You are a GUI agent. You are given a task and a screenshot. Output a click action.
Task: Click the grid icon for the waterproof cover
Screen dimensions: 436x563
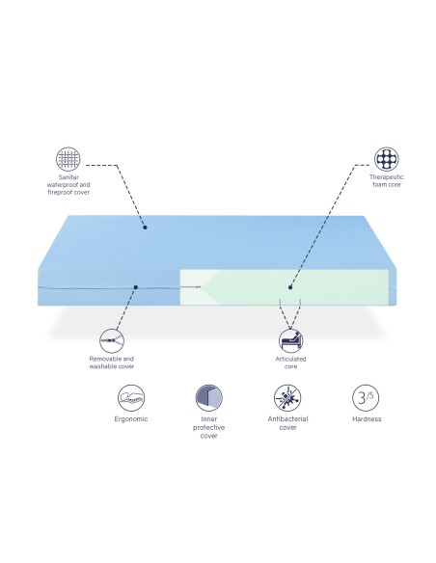pos(68,159)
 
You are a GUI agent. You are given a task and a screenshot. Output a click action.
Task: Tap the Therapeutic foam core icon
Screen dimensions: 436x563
pos(387,159)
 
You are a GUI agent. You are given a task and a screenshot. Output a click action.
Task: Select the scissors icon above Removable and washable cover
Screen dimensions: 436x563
pos(112,340)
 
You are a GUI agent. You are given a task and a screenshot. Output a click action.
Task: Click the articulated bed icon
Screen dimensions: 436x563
pos(291,340)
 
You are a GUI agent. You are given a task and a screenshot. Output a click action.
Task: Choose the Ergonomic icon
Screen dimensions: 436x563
pos(131,397)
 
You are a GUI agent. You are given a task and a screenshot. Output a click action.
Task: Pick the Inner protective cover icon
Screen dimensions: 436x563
pos(209,397)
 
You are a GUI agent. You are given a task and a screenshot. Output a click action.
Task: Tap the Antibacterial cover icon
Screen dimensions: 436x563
pos(287,397)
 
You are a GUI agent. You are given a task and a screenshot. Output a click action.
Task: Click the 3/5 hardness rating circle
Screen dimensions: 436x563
pos(366,397)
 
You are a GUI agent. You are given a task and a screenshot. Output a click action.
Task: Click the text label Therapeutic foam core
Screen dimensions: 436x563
pos(387,180)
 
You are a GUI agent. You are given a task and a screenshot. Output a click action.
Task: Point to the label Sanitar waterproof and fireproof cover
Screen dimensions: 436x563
pos(68,184)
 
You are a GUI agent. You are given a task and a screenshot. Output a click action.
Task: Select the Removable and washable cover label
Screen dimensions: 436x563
pos(112,362)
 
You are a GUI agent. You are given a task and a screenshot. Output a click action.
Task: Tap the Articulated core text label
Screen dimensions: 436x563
pos(291,362)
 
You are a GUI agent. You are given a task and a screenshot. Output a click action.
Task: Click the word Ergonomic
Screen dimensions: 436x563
pos(131,419)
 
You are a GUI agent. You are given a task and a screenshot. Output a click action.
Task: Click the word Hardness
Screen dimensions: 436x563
pos(367,419)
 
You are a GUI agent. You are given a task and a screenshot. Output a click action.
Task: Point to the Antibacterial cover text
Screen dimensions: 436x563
pos(287,423)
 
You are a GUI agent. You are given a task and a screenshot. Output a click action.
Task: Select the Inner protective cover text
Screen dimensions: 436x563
pos(209,427)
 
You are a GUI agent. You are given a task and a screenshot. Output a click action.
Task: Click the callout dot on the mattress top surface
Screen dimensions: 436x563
pos(145,228)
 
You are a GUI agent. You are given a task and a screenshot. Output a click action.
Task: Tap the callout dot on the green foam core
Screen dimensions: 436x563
pos(290,287)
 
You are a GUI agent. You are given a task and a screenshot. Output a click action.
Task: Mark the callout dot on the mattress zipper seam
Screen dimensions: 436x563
pos(136,287)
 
